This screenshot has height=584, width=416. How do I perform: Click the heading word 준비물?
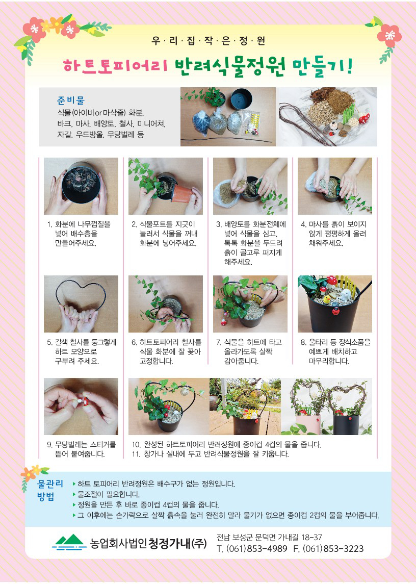tap(71, 100)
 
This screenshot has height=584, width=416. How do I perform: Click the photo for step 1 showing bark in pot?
tap(81, 186)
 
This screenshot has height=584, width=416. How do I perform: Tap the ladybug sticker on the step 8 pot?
tap(336, 310)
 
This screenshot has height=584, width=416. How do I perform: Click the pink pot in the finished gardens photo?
tap(308, 424)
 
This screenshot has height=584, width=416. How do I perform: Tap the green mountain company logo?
tap(69, 542)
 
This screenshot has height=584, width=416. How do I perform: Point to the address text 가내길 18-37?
tap(299, 537)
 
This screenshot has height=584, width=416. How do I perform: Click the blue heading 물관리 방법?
tap(50, 490)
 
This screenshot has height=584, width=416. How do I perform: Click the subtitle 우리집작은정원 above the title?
tap(208, 41)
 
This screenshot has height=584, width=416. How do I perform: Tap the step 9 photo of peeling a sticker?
tap(81, 407)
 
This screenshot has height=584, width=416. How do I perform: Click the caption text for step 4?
tap(334, 234)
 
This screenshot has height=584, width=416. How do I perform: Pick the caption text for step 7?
tap(249, 351)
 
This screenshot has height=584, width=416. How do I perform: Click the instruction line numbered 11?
tap(211, 454)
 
